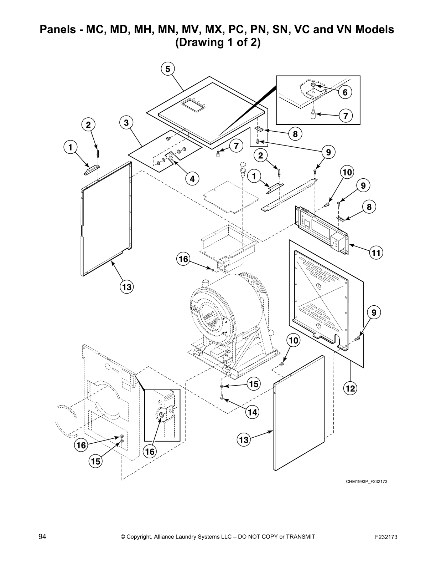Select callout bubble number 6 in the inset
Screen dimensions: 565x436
[345, 92]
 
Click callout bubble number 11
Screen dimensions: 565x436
[376, 253]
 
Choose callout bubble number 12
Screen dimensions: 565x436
[350, 388]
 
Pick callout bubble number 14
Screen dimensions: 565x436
[252, 412]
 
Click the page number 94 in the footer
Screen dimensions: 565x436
[42, 537]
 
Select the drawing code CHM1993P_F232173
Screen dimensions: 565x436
[367, 482]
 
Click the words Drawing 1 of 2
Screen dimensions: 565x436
[218, 42]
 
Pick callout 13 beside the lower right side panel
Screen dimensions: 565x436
[244, 440]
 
